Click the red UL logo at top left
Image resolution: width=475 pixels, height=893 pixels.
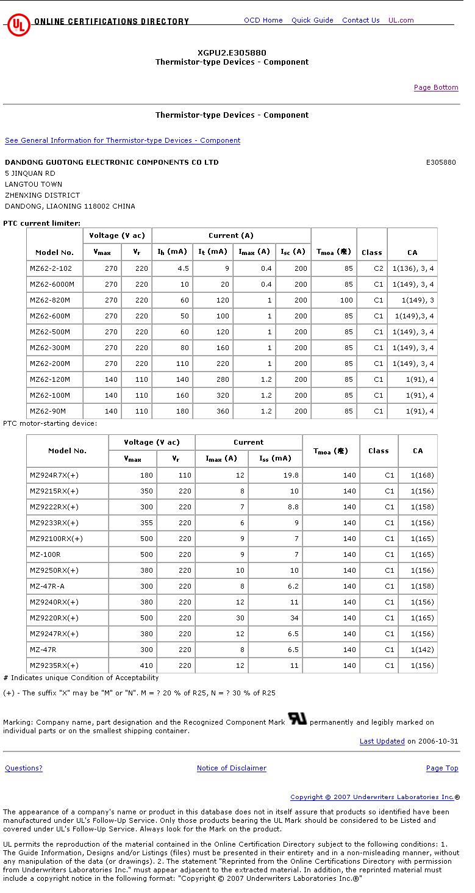pos(18,25)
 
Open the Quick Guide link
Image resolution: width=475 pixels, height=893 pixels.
pos(312,20)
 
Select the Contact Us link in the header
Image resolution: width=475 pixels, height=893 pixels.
pos(360,20)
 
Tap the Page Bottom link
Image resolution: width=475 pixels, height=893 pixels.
pos(436,87)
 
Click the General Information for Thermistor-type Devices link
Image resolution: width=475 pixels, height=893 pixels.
pos(123,140)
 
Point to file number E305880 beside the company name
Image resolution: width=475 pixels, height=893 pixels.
pos(441,162)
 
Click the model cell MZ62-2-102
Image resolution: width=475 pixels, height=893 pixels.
pos(51,268)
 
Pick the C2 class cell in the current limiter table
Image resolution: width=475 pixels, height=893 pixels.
pos(379,268)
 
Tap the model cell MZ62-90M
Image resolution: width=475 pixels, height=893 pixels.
pos(48,411)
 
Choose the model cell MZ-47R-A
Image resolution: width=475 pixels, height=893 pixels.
pos(47,586)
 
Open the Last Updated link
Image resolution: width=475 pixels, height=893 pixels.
pos(382,741)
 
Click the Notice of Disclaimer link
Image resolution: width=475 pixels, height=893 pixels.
pos(232,768)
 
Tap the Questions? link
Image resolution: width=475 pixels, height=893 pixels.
pos(24,768)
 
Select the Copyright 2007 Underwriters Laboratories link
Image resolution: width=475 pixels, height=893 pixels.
pos(372,797)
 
